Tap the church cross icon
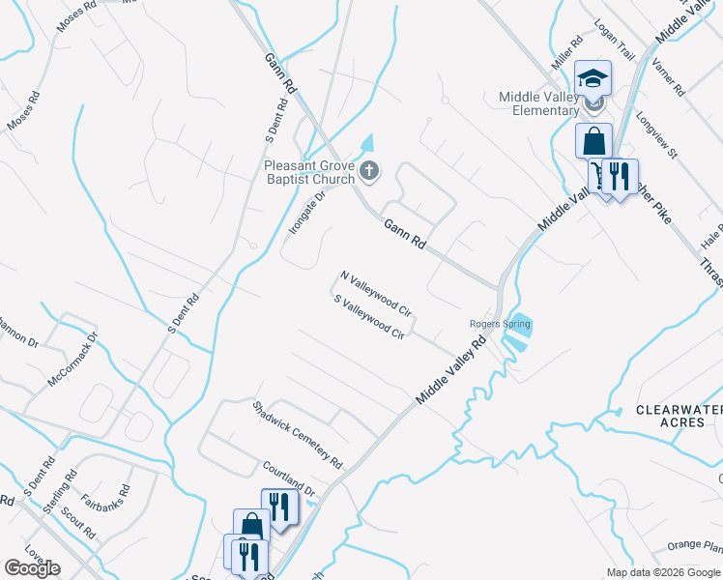[x=368, y=173]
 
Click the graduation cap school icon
[x=593, y=77]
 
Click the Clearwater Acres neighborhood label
[x=679, y=417]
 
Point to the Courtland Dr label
[x=289, y=478]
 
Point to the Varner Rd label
[x=668, y=77]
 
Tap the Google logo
[x=31, y=568]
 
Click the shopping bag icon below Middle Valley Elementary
[x=593, y=141]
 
